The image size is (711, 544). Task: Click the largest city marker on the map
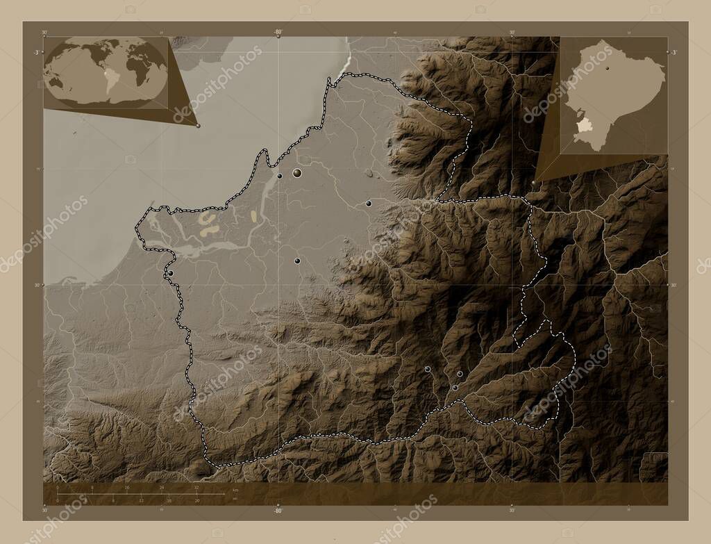(x=297, y=172)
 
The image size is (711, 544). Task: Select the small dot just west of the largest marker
(x=280, y=176)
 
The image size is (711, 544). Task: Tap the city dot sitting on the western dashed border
(x=170, y=273)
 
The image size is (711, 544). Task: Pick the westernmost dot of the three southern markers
(x=428, y=369)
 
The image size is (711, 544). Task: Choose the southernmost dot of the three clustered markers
(x=455, y=388)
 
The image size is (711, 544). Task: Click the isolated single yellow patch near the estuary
(x=253, y=217)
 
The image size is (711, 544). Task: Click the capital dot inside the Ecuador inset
(x=608, y=69)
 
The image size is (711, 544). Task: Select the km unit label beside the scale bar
(x=237, y=491)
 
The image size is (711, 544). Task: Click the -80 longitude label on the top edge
(x=278, y=32)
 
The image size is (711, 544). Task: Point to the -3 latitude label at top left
(x=35, y=52)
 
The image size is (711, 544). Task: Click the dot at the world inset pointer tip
(x=198, y=126)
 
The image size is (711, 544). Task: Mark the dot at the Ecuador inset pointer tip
(x=533, y=182)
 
